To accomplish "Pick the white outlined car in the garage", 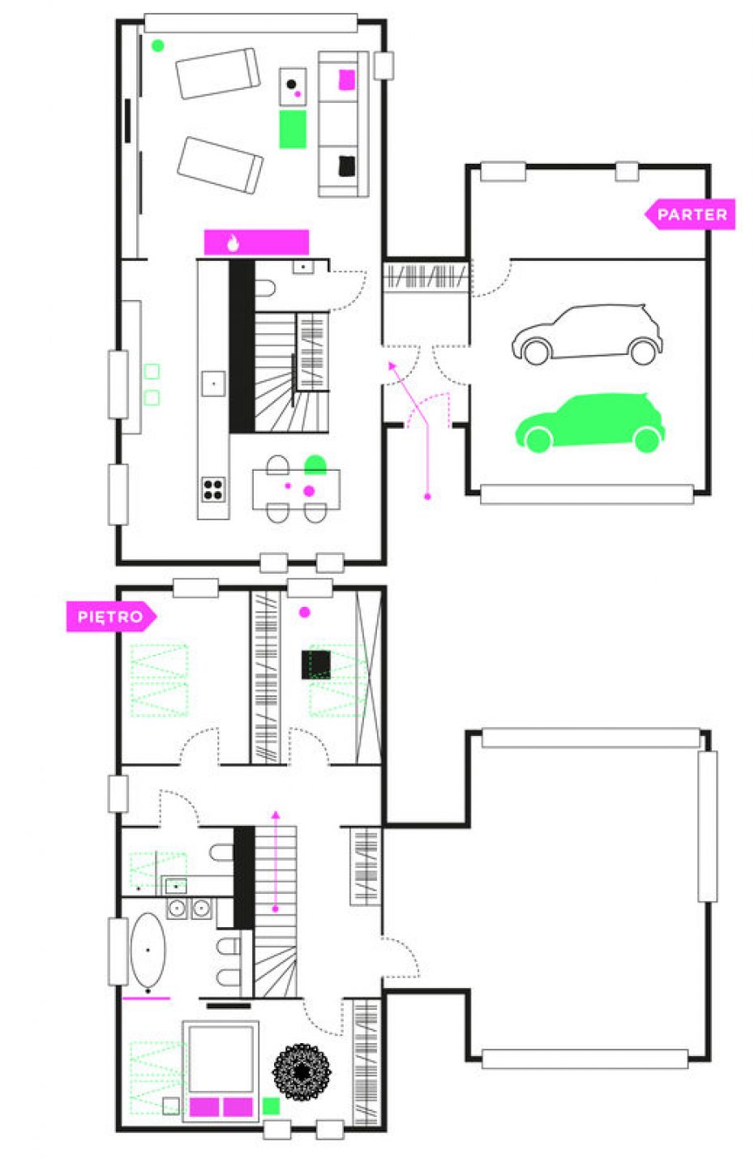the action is click(587, 334).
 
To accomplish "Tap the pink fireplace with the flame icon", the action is click(256, 242).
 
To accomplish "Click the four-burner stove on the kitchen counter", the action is click(212, 490).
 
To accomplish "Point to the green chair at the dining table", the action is click(315, 464).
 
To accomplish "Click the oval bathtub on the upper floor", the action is click(148, 950).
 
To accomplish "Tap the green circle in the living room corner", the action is click(158, 45).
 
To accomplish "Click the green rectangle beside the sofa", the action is click(293, 129).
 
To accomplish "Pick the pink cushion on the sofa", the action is click(347, 80).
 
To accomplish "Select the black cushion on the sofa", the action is click(347, 165).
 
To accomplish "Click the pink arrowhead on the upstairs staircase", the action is click(276, 815).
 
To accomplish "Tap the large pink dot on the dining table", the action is click(309, 491).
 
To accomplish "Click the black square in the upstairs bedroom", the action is click(315, 665).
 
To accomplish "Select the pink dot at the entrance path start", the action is click(427, 497).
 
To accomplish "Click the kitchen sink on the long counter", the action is click(213, 384).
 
